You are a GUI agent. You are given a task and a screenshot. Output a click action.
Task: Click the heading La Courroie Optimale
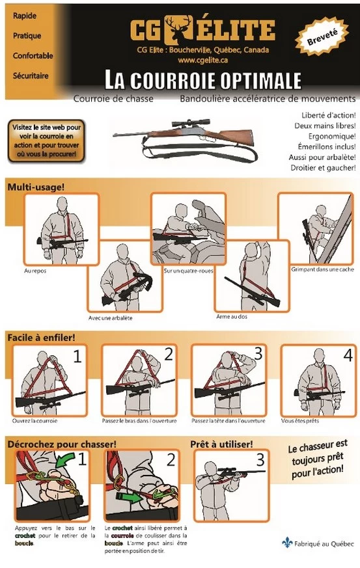[203, 80]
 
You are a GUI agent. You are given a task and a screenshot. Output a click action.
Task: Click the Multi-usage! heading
[36, 187]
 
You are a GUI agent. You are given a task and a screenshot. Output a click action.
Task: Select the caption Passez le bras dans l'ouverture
[140, 421]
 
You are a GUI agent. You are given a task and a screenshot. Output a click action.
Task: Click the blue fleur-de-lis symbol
[286, 543]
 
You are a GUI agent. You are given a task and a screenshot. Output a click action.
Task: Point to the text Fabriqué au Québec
[324, 543]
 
